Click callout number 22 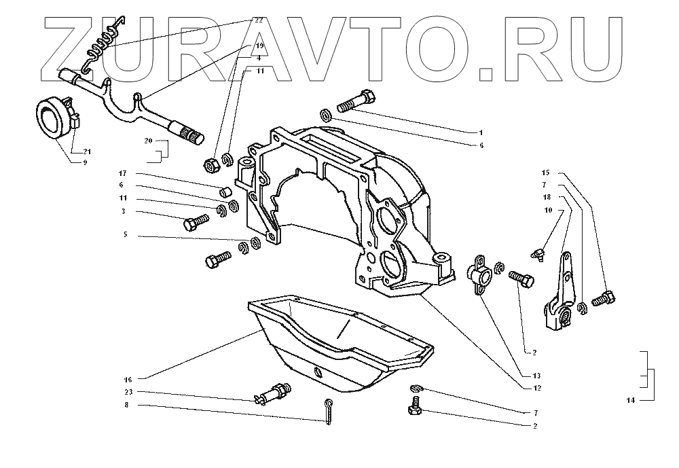pyautogui.click(x=257, y=20)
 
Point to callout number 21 pyautogui.click(x=88, y=151)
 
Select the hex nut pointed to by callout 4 pyautogui.click(x=210, y=164)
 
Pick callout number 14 pyautogui.click(x=630, y=401)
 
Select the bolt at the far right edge pyautogui.click(x=604, y=298)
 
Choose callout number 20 pyautogui.click(x=147, y=141)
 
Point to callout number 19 pyautogui.click(x=258, y=45)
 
